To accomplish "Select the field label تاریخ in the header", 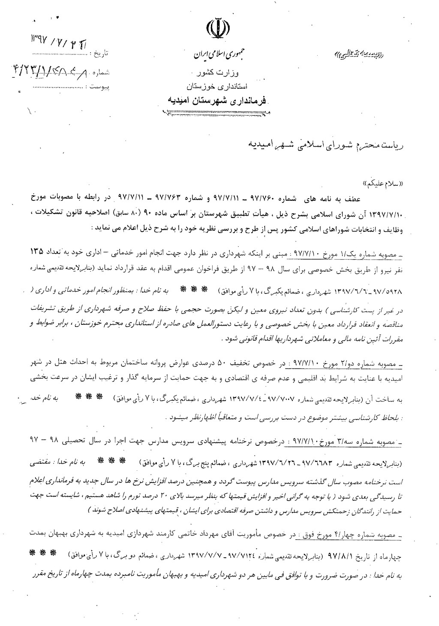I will pos(101,54).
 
